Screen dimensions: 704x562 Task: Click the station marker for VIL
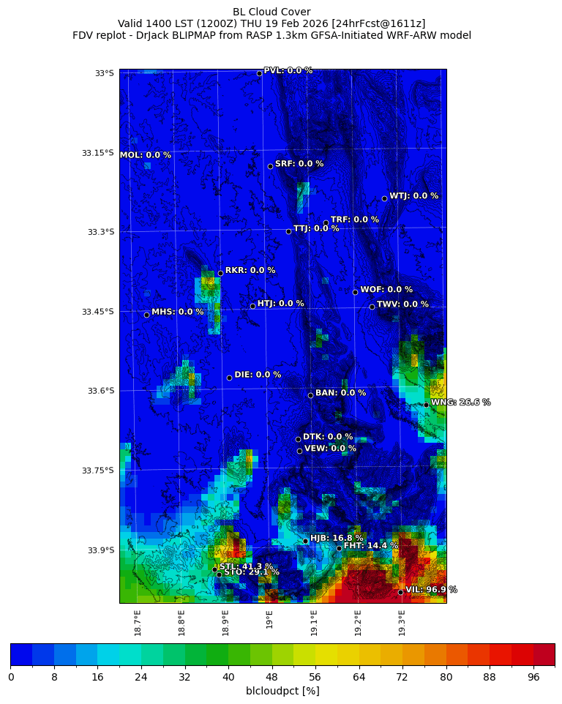[401, 592]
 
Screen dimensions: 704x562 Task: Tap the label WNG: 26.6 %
[460, 402]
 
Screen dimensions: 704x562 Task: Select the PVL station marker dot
[259, 73]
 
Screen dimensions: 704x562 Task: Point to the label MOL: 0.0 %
[145, 155]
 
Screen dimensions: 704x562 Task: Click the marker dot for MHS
[146, 315]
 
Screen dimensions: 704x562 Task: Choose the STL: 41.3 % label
[247, 566]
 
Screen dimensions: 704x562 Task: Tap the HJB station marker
[305, 541]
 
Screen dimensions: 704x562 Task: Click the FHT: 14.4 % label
[371, 545]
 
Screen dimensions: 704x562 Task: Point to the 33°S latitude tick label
[104, 73]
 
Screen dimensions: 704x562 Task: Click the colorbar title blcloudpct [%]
[282, 691]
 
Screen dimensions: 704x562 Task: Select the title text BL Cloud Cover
[271, 12]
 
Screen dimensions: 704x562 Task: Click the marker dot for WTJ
[384, 198]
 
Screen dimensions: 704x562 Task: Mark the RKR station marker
[220, 273]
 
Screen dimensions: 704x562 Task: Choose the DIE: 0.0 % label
[258, 375]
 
